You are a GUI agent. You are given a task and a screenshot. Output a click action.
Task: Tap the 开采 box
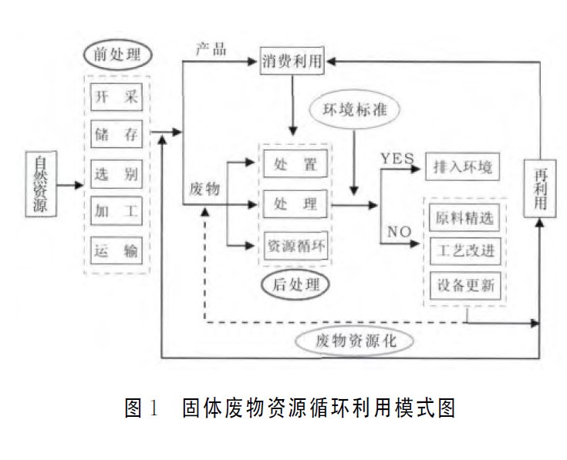116,98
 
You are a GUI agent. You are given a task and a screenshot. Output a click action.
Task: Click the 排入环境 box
463,165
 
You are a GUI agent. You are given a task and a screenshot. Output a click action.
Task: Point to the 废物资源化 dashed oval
356,340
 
